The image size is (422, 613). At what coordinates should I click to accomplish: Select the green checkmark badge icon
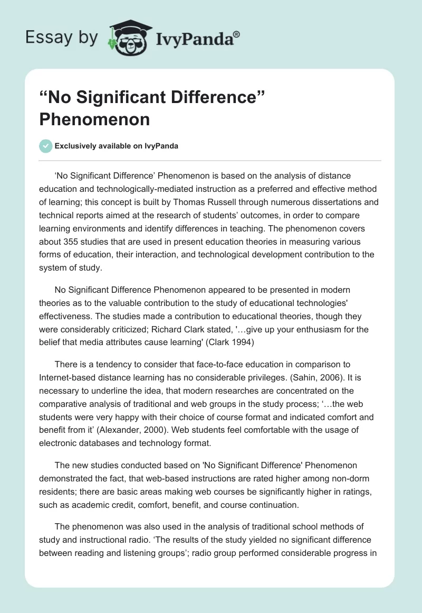45,146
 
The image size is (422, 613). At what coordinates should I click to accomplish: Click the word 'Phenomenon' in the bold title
94,119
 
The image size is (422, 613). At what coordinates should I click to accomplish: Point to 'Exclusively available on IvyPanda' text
116,146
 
